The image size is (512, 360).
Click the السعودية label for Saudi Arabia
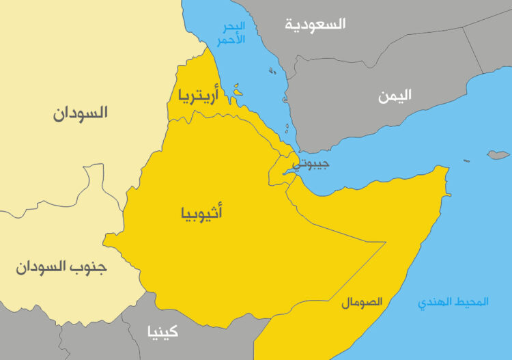pos(315,24)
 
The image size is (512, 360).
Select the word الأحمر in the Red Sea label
pos(231,40)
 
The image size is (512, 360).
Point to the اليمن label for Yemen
pos(395,96)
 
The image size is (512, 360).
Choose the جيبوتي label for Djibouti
pos(311,164)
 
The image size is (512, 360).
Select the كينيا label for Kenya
pos(162,332)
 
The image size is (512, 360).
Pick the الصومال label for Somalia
pos(362,301)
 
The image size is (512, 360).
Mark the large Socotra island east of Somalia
pos(499,155)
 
